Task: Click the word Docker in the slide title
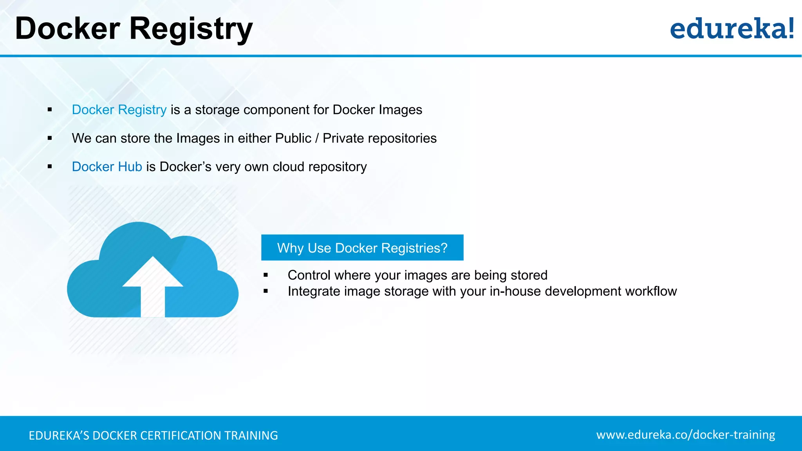67,29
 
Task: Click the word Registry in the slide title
191,29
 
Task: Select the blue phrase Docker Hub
107,167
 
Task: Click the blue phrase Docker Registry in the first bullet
119,110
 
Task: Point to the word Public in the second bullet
293,138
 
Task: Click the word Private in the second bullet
343,138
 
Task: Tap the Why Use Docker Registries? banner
362,248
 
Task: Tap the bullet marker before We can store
50,138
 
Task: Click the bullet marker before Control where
266,275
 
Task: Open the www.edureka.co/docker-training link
686,435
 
